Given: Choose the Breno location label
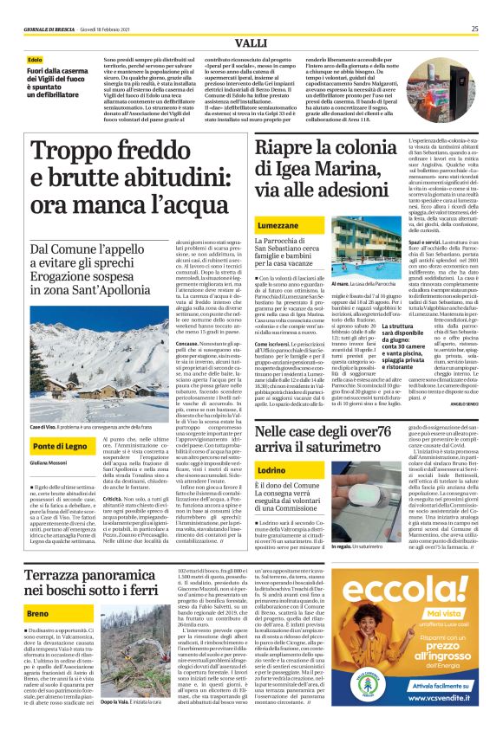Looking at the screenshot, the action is [x=39, y=612].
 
